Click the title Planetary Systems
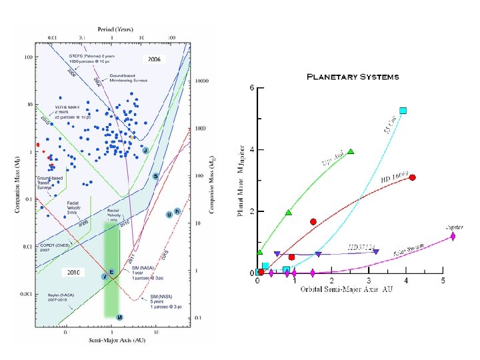click(352, 77)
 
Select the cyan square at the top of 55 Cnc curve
click(403, 111)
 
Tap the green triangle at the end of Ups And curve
click(351, 151)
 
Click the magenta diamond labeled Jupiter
click(453, 236)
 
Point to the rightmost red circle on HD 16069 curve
click(413, 177)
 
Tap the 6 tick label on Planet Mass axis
click(251, 88)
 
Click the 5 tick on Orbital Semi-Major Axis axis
click(443, 281)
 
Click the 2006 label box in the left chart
click(155, 59)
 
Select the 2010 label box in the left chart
click(72, 272)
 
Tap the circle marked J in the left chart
click(145, 151)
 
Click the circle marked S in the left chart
click(155, 176)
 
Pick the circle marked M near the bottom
click(119, 317)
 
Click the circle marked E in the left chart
click(112, 272)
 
